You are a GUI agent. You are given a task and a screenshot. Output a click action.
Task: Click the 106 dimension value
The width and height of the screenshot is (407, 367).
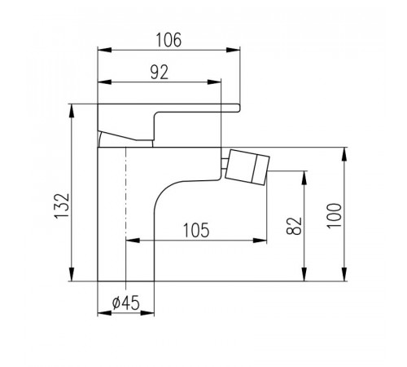click(168, 40)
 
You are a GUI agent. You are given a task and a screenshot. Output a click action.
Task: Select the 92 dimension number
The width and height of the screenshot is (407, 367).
click(160, 73)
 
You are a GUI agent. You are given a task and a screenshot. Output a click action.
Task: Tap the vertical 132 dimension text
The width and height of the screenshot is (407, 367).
click(62, 206)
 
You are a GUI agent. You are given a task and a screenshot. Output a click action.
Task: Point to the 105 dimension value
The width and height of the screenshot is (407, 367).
click(196, 230)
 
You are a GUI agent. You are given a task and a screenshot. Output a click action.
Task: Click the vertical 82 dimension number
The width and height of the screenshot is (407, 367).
click(294, 226)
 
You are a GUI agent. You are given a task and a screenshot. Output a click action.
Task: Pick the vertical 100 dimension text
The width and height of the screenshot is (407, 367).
click(335, 215)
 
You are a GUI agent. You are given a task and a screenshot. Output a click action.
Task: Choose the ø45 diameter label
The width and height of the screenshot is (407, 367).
click(125, 303)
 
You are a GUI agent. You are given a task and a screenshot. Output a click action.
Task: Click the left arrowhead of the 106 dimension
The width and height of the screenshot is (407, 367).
click(104, 50)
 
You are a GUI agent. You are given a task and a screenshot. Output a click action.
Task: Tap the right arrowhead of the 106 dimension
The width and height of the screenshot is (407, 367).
click(233, 50)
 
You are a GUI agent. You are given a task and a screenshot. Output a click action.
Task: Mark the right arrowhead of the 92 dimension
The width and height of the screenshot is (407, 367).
click(214, 82)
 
